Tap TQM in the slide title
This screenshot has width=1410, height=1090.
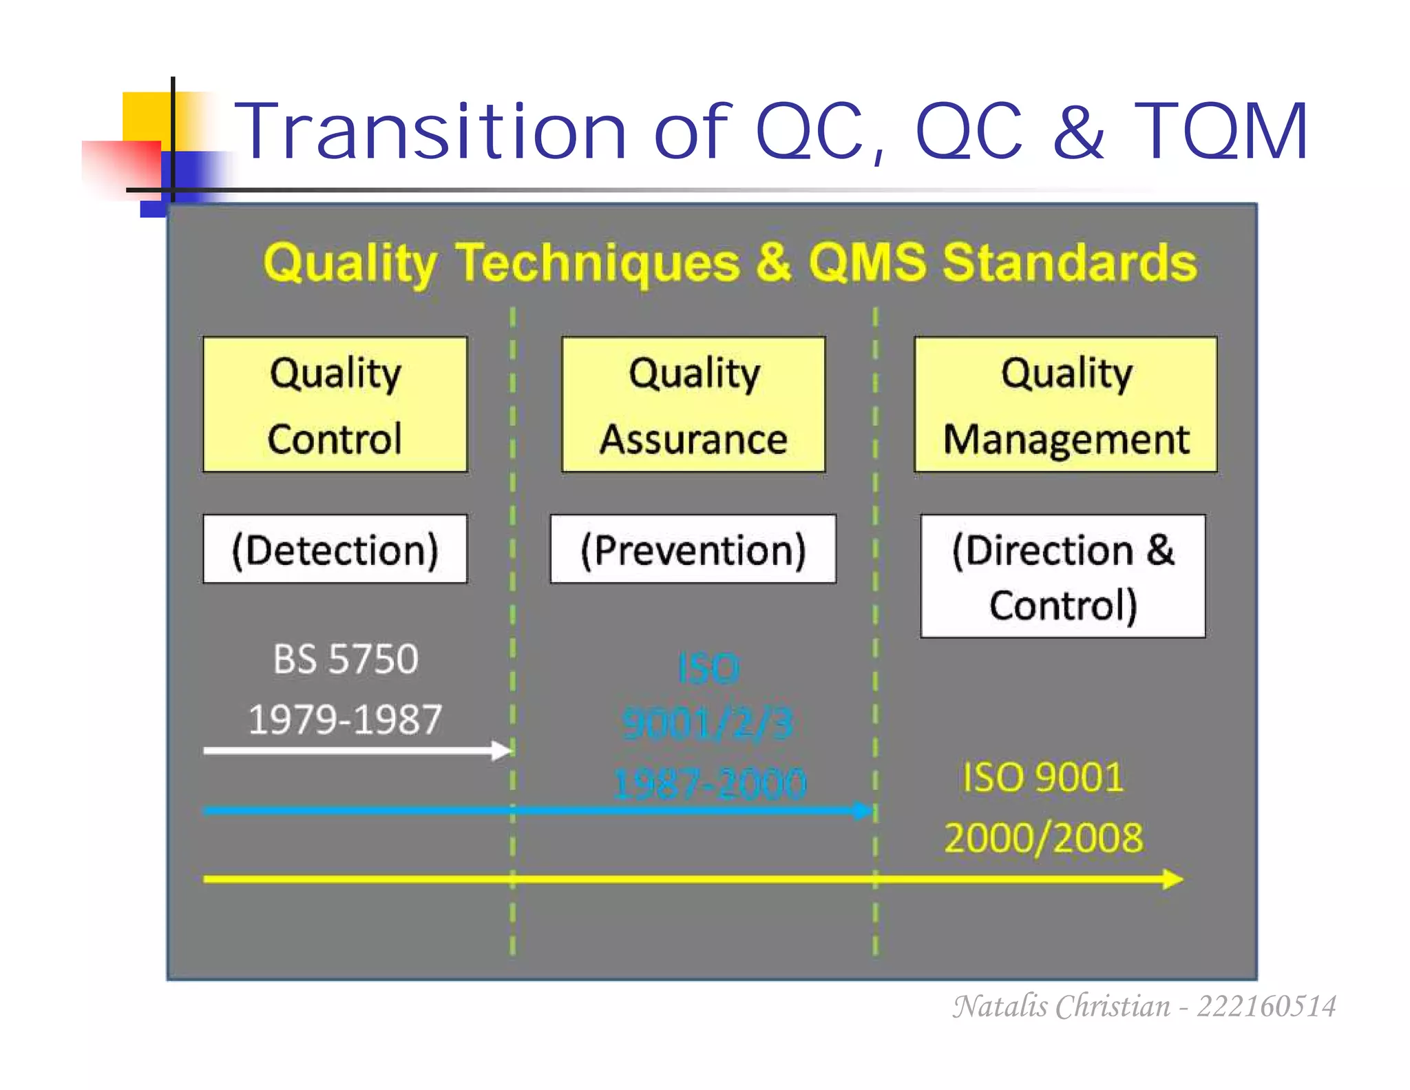pos(1220,131)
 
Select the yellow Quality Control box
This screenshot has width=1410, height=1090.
pos(335,404)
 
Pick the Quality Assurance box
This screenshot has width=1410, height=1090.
pos(693,404)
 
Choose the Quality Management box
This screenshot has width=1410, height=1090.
pos(1065,404)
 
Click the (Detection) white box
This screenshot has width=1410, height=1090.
pos(335,549)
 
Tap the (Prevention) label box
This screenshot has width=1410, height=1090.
pos(693,549)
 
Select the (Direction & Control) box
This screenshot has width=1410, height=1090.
pos(1063,576)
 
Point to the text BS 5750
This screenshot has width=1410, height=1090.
pos(346,659)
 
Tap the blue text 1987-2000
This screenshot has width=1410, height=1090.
pos(709,783)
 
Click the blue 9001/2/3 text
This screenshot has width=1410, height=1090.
pos(708,724)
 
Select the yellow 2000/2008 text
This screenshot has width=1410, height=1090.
pos(1043,838)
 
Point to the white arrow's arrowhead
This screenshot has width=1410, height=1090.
pos(503,750)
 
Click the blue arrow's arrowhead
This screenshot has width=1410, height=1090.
pos(863,810)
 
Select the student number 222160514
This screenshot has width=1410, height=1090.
pos(1266,1006)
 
